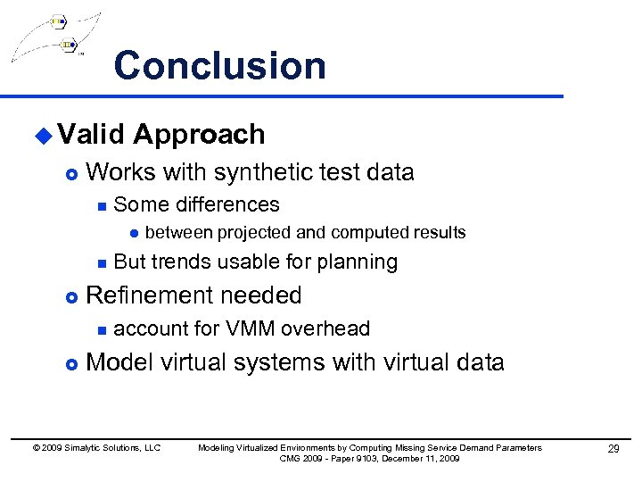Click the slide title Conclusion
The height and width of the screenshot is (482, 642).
coord(219,66)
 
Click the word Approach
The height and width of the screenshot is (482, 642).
coord(199,135)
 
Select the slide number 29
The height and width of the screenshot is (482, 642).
coord(613,448)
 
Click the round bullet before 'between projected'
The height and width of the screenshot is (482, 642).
coord(132,234)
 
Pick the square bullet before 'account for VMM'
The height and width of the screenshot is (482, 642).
coord(102,329)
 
